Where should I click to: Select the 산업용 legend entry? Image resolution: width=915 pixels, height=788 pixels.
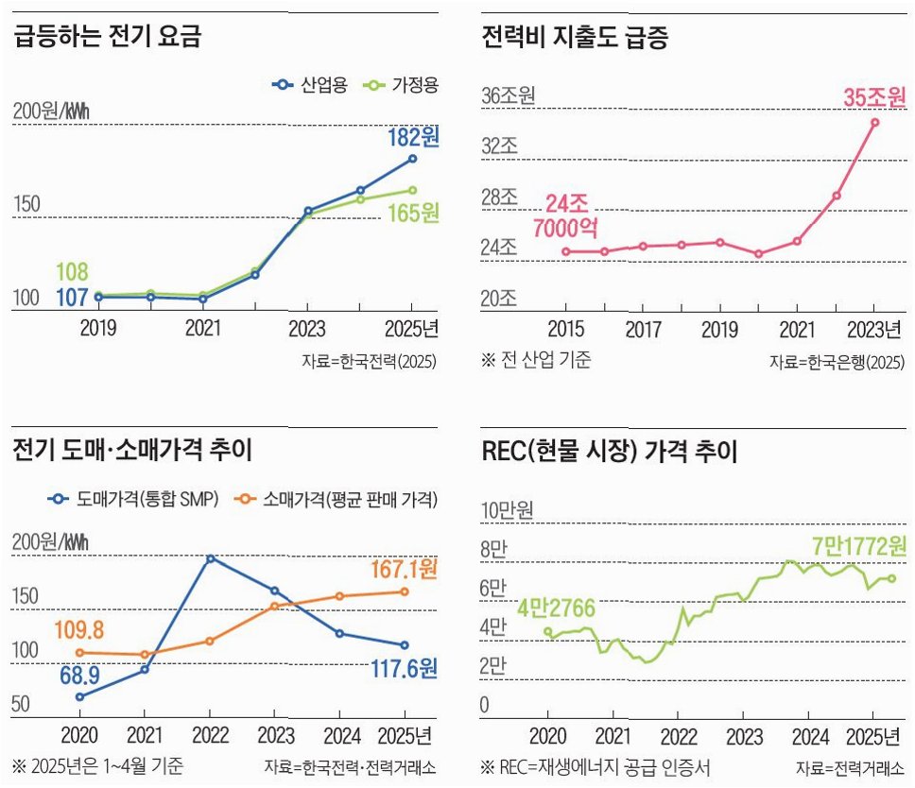pos(311,85)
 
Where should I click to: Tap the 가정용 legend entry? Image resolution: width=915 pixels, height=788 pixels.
pos(402,85)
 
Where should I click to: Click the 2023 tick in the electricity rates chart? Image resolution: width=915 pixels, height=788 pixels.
pos(307,330)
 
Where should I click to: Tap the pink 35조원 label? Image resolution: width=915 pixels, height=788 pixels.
pos(874,97)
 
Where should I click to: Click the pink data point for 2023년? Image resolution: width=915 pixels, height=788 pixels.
pos(875,122)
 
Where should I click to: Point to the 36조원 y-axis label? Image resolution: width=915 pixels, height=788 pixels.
pos(509,96)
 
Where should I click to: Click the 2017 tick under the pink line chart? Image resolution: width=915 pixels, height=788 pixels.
pos(643,330)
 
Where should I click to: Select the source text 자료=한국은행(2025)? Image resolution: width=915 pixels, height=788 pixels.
pos(837,362)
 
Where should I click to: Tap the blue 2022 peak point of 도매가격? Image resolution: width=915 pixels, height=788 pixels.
pos(210,558)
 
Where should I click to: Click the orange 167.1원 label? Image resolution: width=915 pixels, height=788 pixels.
pos(402,570)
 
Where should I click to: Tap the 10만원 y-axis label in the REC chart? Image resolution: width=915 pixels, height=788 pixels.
pos(508,511)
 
